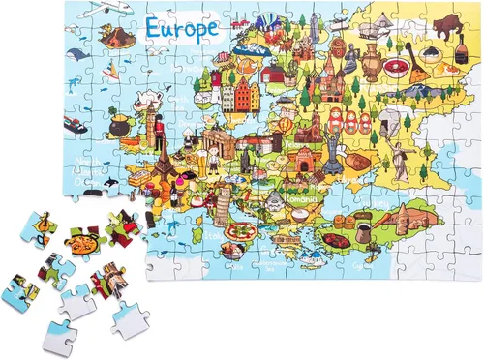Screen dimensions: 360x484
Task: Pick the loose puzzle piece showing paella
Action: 80,236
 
